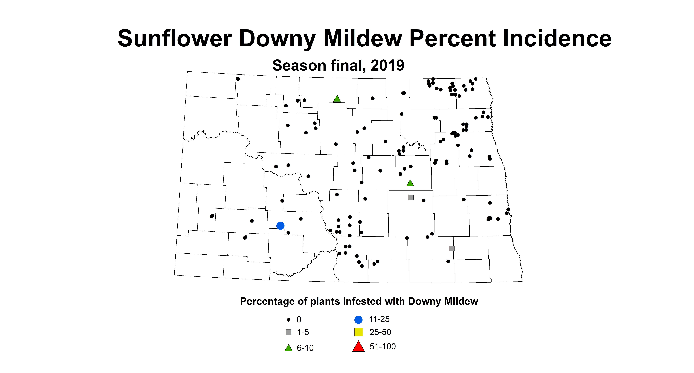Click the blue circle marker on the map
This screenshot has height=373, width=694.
[281, 226]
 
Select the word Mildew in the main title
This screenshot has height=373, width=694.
[363, 39]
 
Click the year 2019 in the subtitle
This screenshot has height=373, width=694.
[387, 65]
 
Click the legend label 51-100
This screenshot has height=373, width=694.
[383, 347]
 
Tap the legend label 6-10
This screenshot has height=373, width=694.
[305, 348]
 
